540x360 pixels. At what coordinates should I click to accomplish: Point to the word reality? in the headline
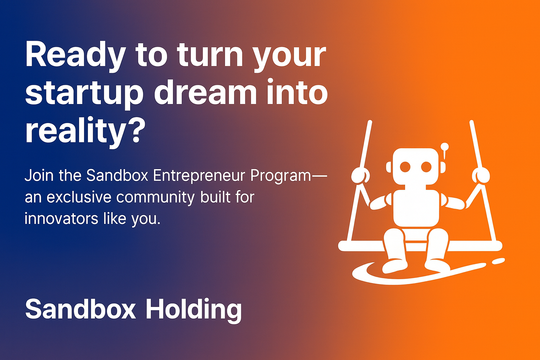[85, 131]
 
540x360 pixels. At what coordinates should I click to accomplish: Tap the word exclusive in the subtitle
[79, 197]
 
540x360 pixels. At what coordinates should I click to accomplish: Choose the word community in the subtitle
[155, 198]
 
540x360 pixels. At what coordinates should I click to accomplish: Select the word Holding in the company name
[193, 309]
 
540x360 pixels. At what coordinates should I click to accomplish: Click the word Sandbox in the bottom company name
[81, 309]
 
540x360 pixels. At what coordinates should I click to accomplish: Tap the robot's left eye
[405, 167]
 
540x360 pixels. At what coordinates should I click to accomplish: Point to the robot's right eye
[426, 167]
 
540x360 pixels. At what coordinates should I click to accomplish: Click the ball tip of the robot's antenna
[445, 146]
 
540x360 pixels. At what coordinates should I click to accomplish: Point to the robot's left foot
[394, 265]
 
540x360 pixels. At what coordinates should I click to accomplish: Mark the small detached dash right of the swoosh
[498, 261]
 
